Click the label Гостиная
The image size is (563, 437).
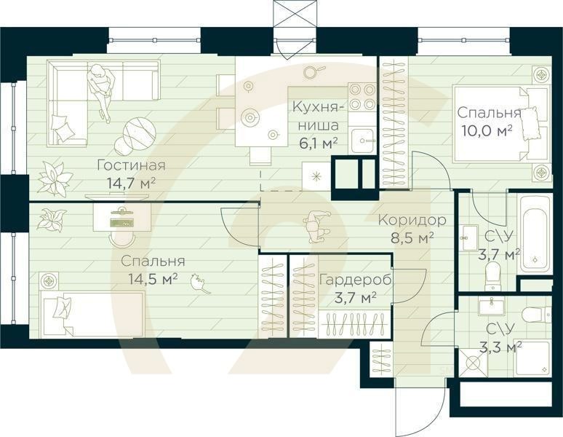click(x=131, y=165)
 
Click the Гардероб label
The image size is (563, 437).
click(x=347, y=280)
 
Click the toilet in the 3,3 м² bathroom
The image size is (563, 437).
click(x=536, y=315)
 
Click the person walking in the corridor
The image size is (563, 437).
click(x=318, y=227)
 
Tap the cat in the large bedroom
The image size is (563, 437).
click(x=199, y=283)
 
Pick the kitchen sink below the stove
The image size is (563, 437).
click(x=362, y=139)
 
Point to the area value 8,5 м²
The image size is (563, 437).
click(x=416, y=237)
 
